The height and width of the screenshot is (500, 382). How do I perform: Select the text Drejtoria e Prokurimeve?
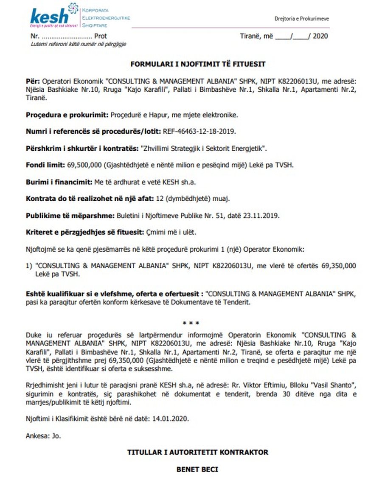[x=302, y=19]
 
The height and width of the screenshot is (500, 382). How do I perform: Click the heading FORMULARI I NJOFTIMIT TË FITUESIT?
[x=197, y=64]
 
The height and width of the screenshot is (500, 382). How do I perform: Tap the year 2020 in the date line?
[x=321, y=36]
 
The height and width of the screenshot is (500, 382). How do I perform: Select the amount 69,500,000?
[x=82, y=165]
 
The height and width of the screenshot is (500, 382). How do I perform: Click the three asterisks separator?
[x=191, y=324]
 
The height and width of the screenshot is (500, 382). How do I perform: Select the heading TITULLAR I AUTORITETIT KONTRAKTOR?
[x=197, y=452]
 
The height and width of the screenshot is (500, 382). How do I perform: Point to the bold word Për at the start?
[x=32, y=81]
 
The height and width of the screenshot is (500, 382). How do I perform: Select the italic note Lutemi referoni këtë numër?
[x=78, y=44]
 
